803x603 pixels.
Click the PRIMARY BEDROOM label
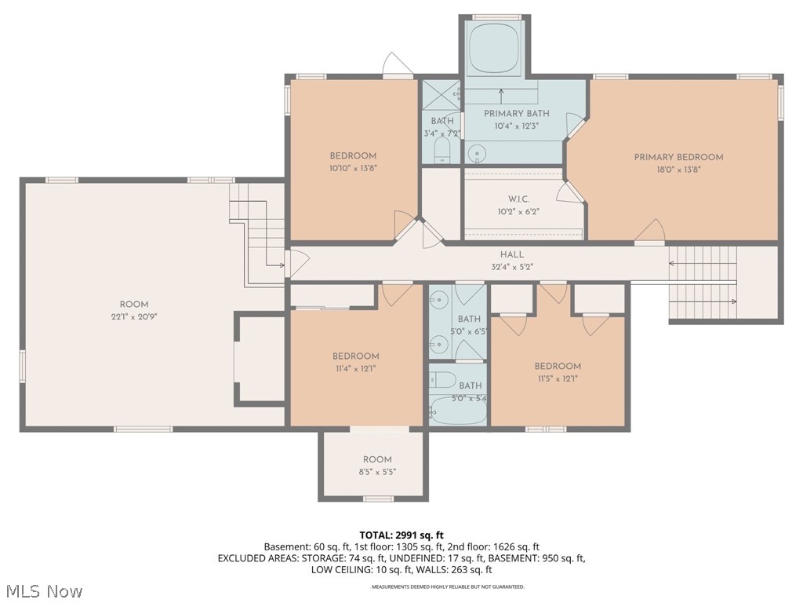point(678,157)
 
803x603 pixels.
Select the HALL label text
point(511,254)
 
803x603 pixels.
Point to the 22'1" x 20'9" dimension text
point(134,317)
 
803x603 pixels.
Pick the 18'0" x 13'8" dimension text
point(678,170)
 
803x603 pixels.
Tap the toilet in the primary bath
point(475,152)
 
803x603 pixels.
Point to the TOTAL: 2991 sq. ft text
point(401,534)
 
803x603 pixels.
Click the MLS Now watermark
point(44,590)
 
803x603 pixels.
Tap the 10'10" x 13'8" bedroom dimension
point(353,168)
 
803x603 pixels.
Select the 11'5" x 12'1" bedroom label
point(558,366)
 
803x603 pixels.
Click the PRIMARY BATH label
point(516,113)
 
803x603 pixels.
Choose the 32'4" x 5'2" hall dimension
point(511,266)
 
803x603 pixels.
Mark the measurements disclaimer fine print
point(448,587)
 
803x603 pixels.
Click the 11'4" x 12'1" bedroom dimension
point(355,368)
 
